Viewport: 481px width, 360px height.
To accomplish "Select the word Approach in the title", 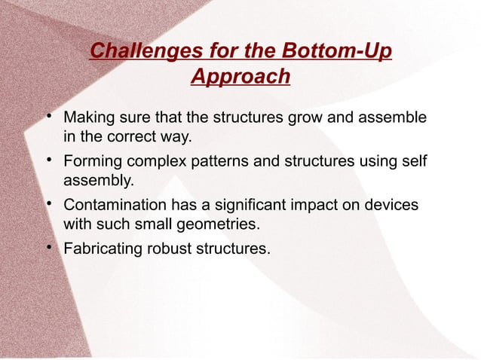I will (240, 77).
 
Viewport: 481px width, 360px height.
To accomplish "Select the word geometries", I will (222, 224).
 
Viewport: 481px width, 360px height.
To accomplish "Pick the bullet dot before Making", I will (47, 116).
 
